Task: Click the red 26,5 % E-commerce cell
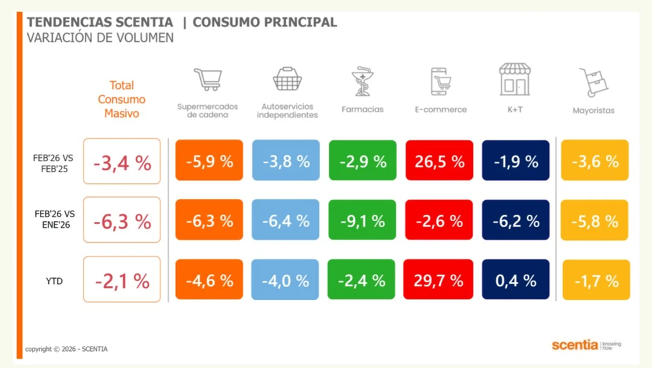coord(439,161)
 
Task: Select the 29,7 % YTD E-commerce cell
coord(439,280)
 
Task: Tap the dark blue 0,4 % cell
coord(516,280)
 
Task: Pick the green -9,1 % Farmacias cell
coord(363,221)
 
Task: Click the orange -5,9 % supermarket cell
coord(209,161)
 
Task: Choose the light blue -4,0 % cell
coord(286,280)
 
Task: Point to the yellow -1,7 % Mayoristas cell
coord(596,281)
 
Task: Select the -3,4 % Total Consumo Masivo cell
coord(122,162)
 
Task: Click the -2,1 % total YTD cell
coord(122,281)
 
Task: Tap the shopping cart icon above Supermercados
coord(208,79)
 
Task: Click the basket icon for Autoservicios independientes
coord(287,79)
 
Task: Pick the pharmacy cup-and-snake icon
coord(362,81)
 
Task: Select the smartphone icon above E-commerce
coord(441,81)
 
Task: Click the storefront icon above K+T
coord(514,79)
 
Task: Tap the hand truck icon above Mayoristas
coord(593,82)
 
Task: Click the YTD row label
coord(54,281)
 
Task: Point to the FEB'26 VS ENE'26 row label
coord(54,220)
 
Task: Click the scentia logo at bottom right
coord(574,345)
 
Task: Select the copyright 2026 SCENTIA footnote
coord(67,349)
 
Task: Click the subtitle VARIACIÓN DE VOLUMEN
coord(100,38)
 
